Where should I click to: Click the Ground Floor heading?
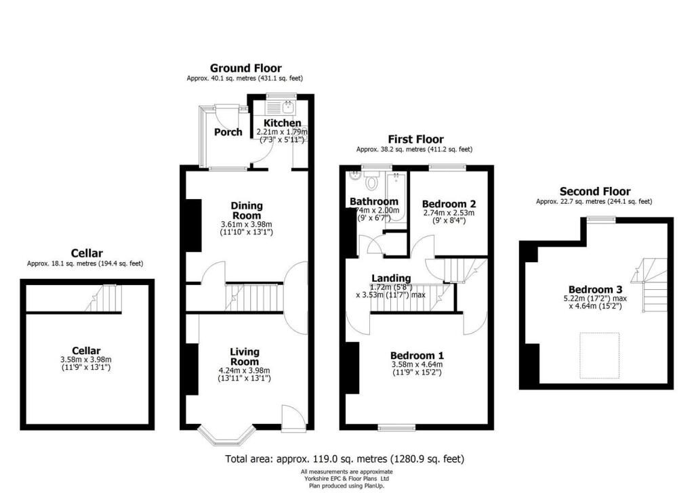[245, 68]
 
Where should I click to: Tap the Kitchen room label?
[283, 123]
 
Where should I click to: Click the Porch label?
[228, 132]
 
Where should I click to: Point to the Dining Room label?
[247, 211]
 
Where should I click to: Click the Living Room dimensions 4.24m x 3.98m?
[244, 370]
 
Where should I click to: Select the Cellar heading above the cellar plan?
[87, 253]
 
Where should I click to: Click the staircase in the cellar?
[103, 299]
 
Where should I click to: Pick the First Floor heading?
[415, 140]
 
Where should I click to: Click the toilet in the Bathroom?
[371, 181]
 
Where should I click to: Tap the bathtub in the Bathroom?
[396, 198]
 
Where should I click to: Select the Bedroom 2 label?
[449, 204]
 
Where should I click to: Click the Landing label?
[391, 278]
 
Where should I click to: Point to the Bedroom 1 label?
[417, 356]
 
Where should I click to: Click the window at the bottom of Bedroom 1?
[396, 427]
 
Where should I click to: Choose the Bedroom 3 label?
[595, 290]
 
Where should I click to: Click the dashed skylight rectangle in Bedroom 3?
[599, 356]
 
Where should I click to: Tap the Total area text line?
[345, 459]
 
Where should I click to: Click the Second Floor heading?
[595, 192]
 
